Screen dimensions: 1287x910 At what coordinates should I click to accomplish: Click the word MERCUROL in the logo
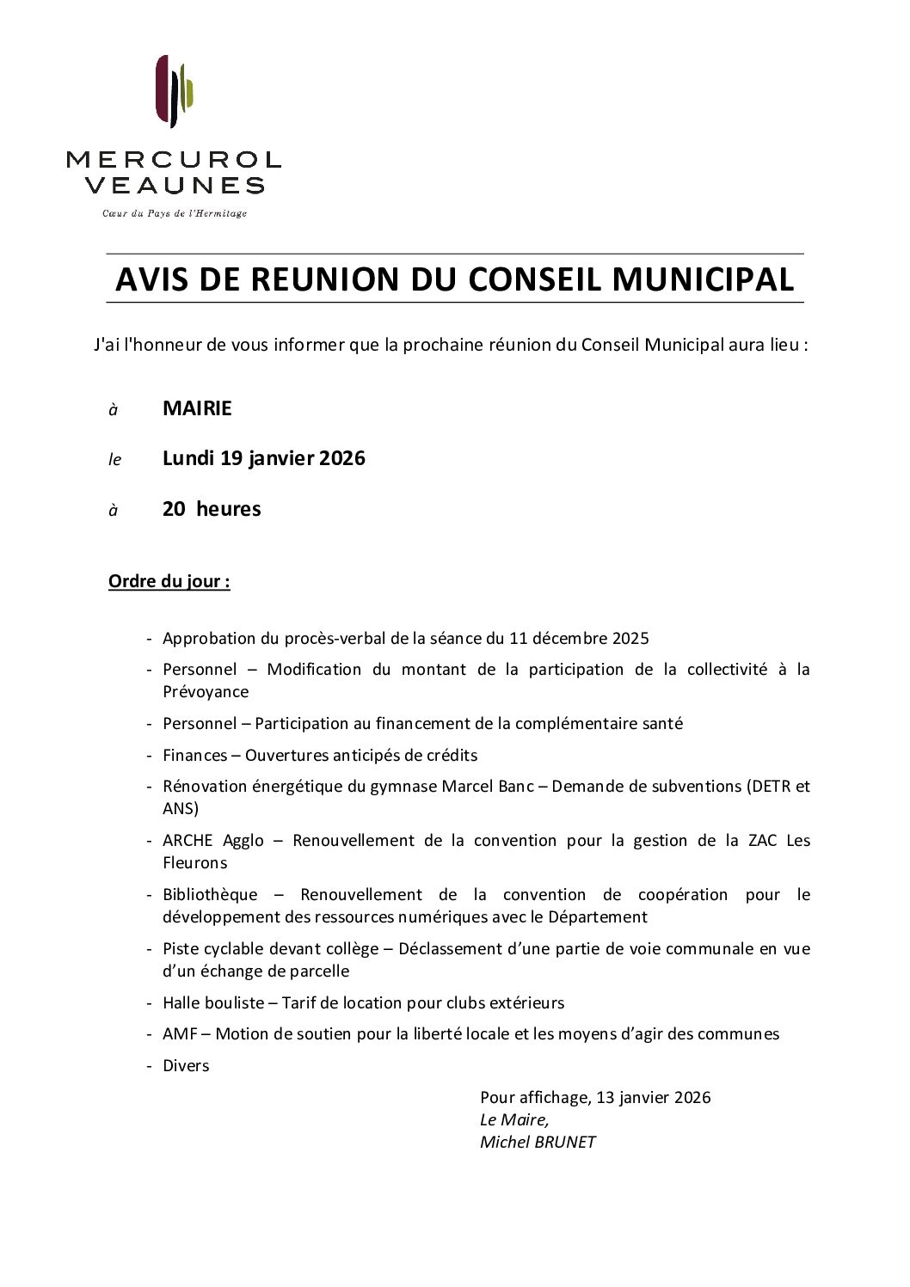pos(174,160)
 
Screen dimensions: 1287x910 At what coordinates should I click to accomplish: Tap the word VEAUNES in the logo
pos(175,185)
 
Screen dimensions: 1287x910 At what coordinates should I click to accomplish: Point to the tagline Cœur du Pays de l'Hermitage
pos(175,213)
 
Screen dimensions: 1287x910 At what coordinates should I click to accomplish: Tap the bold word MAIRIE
pos(197,408)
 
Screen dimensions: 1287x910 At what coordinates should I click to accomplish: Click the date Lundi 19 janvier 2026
pos(263,458)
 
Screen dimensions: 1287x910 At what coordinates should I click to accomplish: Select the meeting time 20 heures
pos(212,509)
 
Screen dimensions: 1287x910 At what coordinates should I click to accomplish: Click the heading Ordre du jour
pos(169,581)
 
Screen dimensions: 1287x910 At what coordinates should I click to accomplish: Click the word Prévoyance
pos(206,692)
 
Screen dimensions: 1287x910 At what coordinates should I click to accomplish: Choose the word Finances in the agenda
pos(195,756)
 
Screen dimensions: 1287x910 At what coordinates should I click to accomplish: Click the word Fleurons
pos(195,863)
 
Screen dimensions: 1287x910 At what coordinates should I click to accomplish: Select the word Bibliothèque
pos(210,895)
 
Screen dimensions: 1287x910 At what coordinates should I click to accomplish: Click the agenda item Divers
pos(186,1066)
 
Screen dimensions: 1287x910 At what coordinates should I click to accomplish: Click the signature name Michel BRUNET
pos(538,1143)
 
